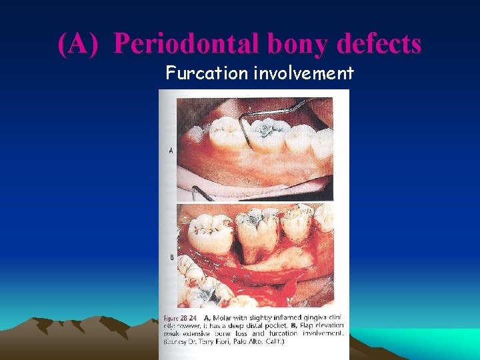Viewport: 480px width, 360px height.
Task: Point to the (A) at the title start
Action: point(79,44)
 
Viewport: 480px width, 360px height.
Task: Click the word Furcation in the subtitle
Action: point(207,73)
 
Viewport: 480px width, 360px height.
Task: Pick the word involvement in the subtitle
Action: point(303,73)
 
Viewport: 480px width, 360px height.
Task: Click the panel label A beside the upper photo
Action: point(171,151)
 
